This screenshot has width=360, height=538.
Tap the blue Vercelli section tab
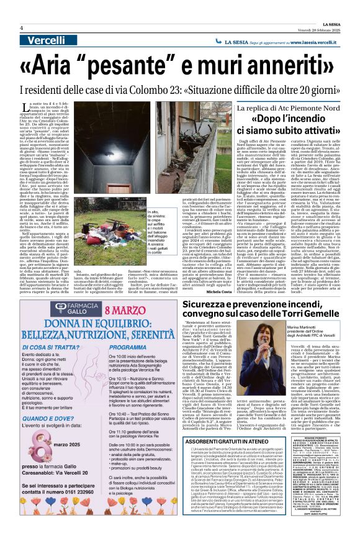(45, 40)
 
